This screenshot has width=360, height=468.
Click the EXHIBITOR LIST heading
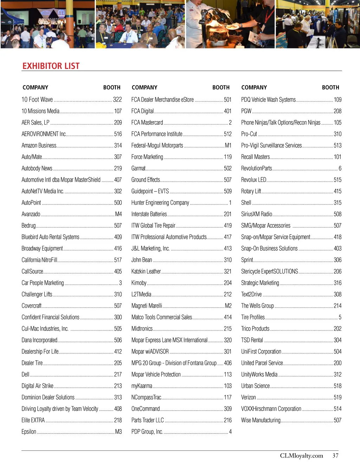pos(51,66)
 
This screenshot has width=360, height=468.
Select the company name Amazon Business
pos(39,145)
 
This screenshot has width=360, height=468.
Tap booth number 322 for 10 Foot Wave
pos(117,100)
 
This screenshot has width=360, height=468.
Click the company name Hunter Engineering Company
pos(160,203)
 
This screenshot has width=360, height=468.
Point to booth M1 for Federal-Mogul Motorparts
pos(228,145)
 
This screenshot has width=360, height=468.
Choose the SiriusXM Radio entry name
pos(257,214)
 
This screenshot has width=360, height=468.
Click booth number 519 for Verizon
pos(337,397)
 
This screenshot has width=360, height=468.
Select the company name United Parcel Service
pos(262,363)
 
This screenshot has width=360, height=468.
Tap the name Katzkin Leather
pos(146,271)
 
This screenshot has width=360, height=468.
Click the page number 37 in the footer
pos(335,456)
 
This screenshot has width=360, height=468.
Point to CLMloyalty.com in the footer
pos(301,456)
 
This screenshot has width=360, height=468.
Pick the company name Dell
pos(25,374)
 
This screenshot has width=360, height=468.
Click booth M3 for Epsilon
pos(118,432)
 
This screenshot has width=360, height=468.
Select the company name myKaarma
pos(142,386)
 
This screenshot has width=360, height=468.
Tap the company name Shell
pos(246,203)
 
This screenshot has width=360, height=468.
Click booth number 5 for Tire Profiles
pos(340,317)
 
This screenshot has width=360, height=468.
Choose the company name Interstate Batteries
pos(149,214)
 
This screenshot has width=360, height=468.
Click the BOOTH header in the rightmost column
pos(330,87)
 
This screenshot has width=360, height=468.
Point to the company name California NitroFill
pos(39,260)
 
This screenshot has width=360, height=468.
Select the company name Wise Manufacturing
pos(261,420)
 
